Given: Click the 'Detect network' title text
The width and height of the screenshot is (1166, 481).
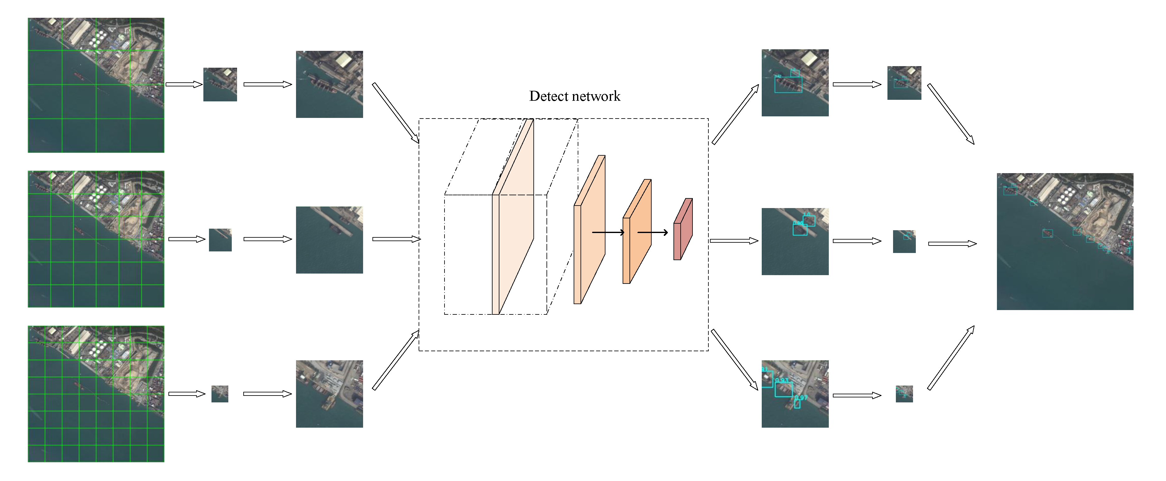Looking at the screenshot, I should pos(574,96).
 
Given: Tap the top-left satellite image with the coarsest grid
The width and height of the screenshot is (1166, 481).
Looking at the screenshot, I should pos(96,85).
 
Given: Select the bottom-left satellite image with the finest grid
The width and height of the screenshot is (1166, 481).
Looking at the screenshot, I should pos(96,393).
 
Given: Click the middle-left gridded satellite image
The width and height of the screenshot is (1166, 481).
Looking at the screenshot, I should pos(96,239).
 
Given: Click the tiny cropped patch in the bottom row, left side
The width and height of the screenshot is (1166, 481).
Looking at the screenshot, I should pos(220,394).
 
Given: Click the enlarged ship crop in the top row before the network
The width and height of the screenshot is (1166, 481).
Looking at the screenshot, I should pos(329,84).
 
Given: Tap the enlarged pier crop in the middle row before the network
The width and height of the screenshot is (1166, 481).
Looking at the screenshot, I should pos(329,240).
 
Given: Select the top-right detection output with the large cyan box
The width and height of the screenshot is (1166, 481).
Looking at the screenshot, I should pos(794,83).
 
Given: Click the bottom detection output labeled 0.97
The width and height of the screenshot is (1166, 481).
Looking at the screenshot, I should pos(794,394).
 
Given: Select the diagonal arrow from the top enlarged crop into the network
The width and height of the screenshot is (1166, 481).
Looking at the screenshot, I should pos(395,113).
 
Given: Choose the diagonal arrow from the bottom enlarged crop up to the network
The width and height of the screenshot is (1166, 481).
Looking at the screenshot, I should pos(395,360).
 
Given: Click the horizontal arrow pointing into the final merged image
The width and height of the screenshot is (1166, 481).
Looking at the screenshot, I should pos(952,243).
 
